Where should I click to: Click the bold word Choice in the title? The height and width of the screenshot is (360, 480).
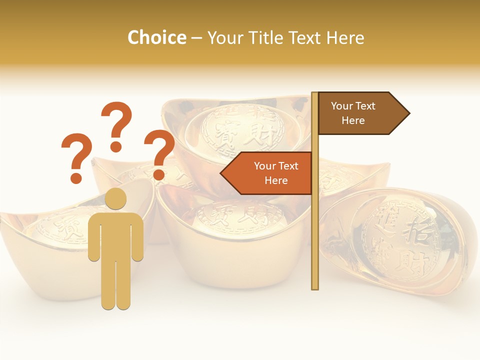tap(156, 37)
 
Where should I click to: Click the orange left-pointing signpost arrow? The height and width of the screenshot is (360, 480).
tap(267, 173)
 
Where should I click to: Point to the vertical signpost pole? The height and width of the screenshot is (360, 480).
tap(315, 225)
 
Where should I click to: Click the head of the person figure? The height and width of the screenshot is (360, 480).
tap(115, 198)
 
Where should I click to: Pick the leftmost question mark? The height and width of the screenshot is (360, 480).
tap(76, 152)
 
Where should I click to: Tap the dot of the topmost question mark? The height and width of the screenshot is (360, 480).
tap(116, 146)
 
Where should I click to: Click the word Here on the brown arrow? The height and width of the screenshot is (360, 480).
tap(353, 120)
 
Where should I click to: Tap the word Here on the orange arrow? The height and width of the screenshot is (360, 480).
tap(276, 180)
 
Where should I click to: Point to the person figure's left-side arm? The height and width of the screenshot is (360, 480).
tap(93, 237)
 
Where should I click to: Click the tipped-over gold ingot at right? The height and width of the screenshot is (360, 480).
tap(400, 240)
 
